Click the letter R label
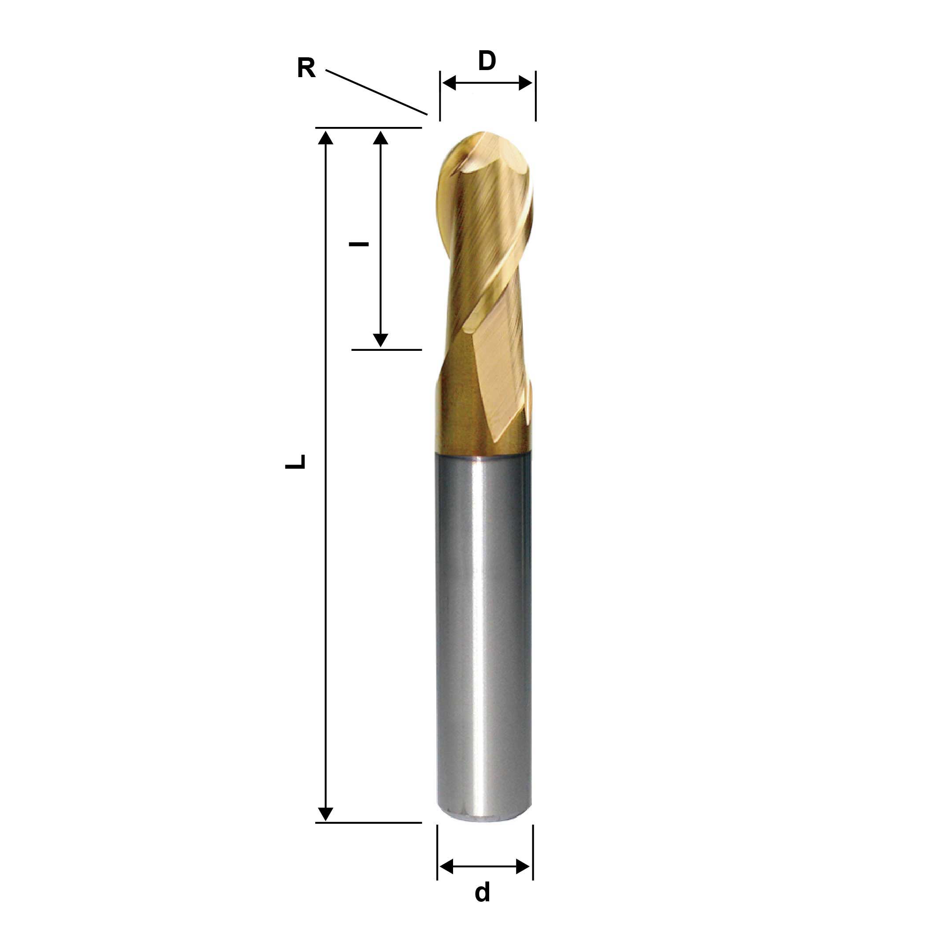(x=306, y=68)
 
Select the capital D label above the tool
(x=487, y=61)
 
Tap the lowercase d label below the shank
(x=483, y=892)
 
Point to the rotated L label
(x=295, y=461)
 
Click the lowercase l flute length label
(x=359, y=244)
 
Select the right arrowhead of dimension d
(x=524, y=866)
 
